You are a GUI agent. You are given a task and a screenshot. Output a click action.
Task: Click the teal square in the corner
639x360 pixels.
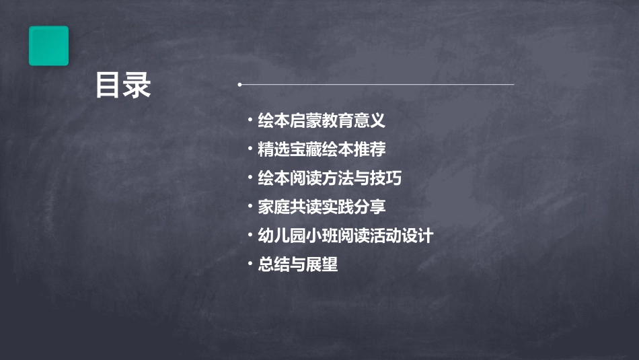(x=48, y=46)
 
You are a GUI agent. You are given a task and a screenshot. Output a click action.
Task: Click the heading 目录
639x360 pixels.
(x=123, y=86)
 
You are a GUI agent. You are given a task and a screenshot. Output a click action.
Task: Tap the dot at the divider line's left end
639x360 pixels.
(x=240, y=85)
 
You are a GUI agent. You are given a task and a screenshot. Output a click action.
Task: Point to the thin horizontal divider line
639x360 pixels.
(x=377, y=85)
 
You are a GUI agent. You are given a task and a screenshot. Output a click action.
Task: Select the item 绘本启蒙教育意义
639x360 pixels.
(x=322, y=121)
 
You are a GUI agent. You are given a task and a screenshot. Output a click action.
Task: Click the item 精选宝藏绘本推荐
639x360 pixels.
(x=322, y=149)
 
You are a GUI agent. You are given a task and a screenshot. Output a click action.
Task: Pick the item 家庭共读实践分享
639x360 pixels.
(x=322, y=207)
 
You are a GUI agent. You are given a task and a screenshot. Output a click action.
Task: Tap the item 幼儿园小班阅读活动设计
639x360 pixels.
(x=345, y=236)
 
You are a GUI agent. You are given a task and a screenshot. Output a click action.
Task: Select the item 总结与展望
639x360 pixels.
(x=297, y=264)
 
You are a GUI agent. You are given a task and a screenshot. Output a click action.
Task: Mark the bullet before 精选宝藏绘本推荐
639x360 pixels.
(x=250, y=149)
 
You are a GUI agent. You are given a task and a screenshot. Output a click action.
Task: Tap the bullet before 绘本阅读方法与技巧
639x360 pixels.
(x=250, y=178)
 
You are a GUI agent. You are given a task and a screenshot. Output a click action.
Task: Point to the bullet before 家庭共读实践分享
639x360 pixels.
(x=250, y=206)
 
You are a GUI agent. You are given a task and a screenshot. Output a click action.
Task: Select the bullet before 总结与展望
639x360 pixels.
(x=250, y=264)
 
